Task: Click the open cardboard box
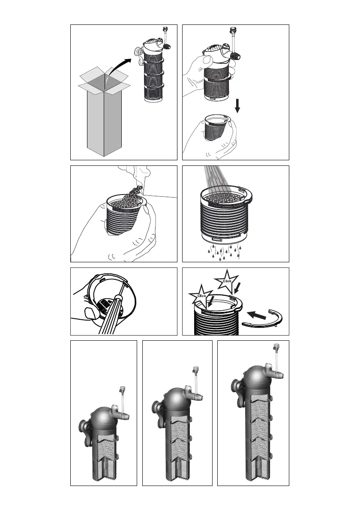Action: click(x=104, y=112)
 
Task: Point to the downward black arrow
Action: click(x=237, y=106)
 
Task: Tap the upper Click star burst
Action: click(x=227, y=281)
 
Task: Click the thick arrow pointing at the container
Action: click(x=257, y=315)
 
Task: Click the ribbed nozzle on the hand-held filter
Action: click(x=235, y=56)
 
